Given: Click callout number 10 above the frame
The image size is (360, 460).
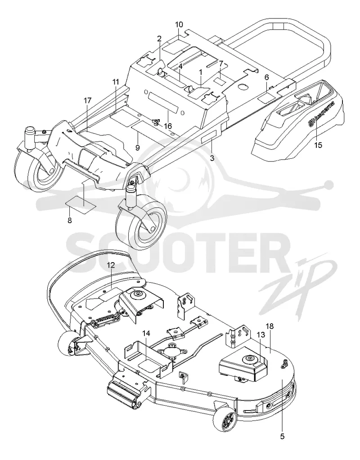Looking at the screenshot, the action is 179,24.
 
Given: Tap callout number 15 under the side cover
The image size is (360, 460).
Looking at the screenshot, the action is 318,145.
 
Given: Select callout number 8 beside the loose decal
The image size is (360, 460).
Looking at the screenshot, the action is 70,220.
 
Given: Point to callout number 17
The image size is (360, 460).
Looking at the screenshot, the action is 87,101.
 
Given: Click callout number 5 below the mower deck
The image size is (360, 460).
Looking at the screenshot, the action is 282,436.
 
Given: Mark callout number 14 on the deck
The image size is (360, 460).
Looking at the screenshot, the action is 146,334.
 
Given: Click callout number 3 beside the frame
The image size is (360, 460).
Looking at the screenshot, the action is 212,158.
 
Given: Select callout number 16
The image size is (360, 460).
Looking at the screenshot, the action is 168,126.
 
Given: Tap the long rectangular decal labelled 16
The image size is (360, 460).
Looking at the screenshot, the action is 163,100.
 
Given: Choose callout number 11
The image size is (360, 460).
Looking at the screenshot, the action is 115,82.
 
